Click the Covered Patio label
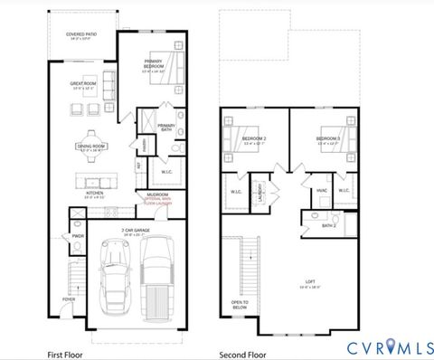80,35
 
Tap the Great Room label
83,83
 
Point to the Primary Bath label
166,128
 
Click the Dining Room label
91,146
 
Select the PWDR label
78,237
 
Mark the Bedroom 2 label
240,138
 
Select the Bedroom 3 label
326,138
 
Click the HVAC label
322,191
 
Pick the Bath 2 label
329,225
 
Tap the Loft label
310,279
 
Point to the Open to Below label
240,305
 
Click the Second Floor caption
241,354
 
